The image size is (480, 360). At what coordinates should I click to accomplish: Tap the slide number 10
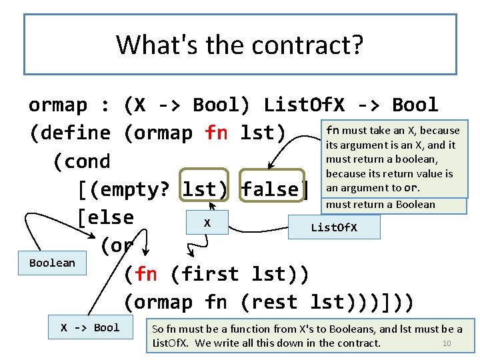447,343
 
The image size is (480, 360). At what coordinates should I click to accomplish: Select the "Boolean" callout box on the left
52,263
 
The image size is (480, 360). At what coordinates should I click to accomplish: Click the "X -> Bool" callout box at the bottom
90,327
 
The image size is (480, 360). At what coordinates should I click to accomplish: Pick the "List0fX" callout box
334,228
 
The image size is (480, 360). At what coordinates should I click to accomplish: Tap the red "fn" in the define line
217,133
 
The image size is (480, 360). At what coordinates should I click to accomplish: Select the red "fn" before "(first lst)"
146,274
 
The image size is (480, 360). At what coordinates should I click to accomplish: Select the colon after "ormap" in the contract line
105,105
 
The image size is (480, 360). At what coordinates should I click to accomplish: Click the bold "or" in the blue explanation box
412,188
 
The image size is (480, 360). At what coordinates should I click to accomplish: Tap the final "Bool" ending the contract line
415,105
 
